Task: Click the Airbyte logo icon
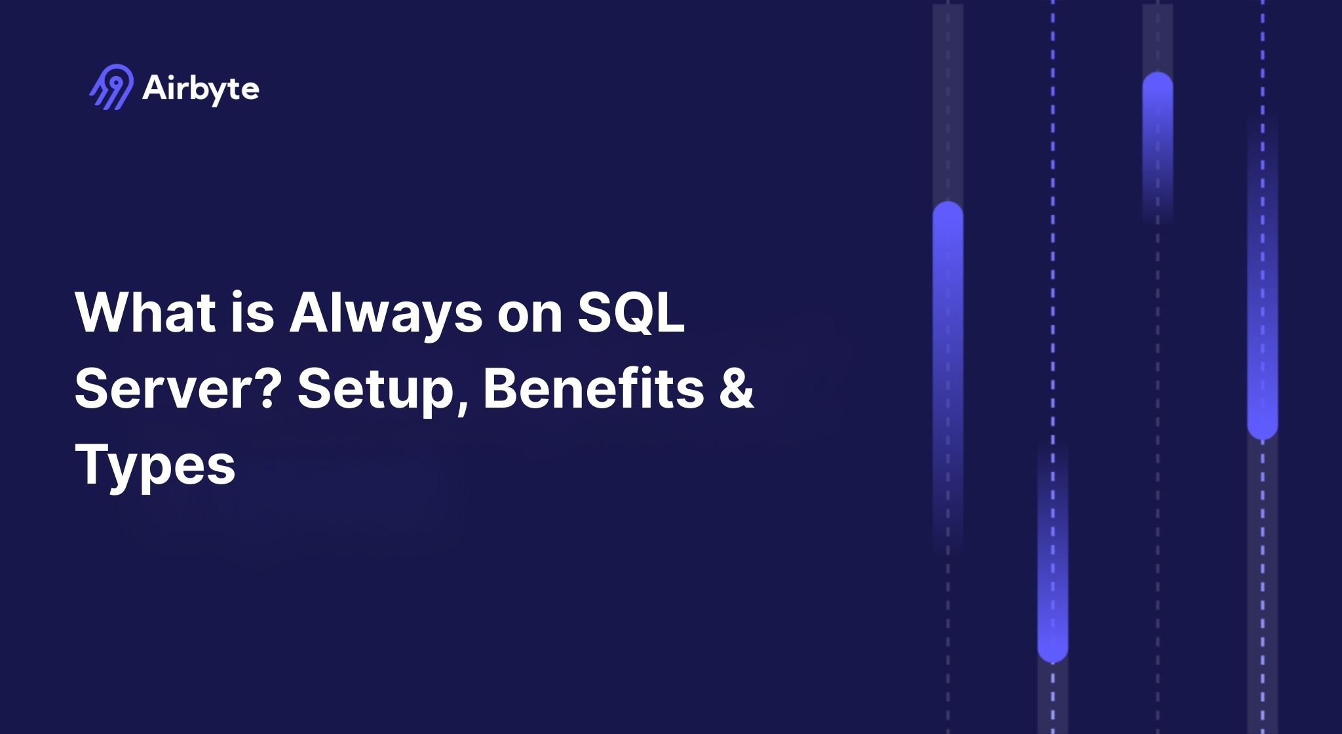click(x=111, y=87)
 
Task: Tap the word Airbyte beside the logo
click(x=201, y=88)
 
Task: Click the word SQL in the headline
click(x=630, y=312)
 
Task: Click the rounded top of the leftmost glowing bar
click(x=948, y=211)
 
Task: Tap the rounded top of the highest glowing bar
click(x=1157, y=81)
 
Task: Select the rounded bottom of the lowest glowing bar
click(x=1052, y=653)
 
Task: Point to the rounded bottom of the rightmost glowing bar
click(x=1262, y=430)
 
